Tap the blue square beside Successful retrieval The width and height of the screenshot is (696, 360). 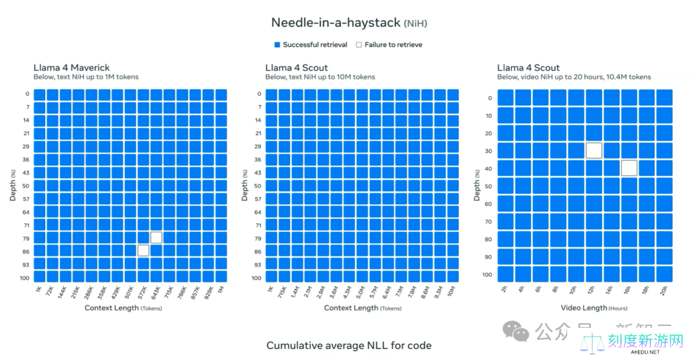click(277, 45)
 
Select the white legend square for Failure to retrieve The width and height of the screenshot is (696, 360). click(359, 45)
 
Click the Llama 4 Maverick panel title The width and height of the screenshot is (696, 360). click(71, 68)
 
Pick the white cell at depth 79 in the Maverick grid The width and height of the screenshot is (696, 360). click(156, 238)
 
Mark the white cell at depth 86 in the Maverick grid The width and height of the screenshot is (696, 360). click(143, 251)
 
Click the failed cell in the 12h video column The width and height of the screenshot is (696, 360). click(594, 151)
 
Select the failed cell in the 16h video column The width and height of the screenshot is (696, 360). click(630, 168)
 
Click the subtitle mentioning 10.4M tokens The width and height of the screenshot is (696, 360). click(574, 77)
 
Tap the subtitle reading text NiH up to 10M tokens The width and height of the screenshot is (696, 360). click(320, 77)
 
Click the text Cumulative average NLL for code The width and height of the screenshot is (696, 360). click(349, 346)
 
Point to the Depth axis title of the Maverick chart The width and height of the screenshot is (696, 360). click(13, 185)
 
